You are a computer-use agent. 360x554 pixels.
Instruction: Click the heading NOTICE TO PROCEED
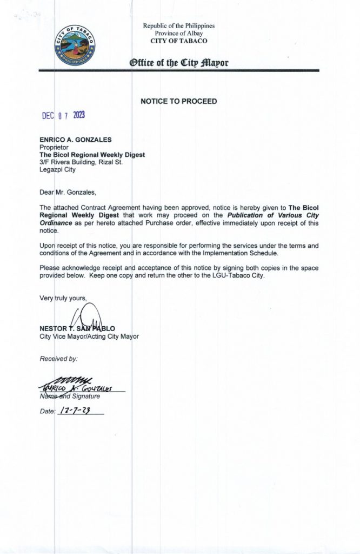click(x=178, y=101)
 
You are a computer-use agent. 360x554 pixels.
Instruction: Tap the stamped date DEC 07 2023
click(x=64, y=116)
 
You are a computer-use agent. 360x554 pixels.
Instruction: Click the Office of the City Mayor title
click(x=178, y=63)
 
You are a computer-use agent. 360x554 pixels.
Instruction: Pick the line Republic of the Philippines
click(x=178, y=26)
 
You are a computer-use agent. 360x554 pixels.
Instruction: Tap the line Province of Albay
click(x=178, y=33)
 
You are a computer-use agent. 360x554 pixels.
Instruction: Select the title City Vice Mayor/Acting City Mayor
click(x=89, y=336)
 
